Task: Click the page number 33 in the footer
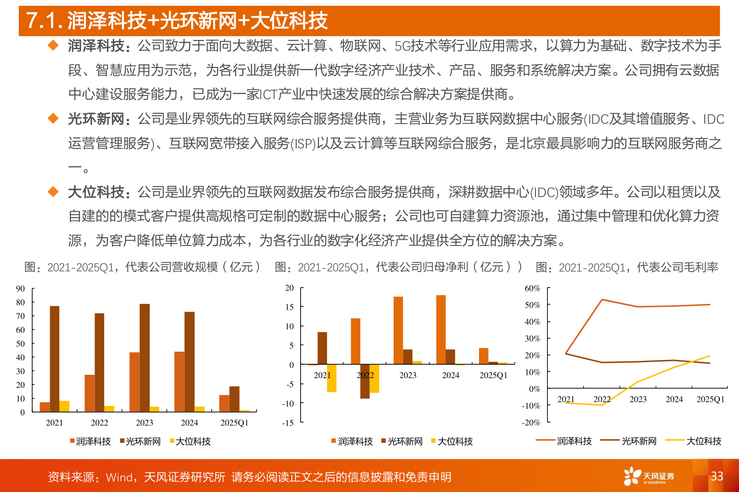pos(717,476)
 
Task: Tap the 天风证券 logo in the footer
pos(649,476)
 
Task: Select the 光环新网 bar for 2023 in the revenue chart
pos(145,357)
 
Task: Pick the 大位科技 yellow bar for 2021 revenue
pos(65,406)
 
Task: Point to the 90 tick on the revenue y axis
pos(20,289)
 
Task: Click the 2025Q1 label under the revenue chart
pos(234,423)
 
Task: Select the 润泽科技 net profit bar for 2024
pos(441,329)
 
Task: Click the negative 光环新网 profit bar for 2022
pos(365,381)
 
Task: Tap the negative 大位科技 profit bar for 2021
pos(331,378)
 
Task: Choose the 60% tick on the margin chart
pos(532,288)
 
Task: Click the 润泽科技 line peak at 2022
pos(602,300)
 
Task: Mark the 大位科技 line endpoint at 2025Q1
pos(710,356)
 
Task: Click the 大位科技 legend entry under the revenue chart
pos(191,441)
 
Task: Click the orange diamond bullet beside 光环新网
pos(53,119)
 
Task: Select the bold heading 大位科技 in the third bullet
pos(96,192)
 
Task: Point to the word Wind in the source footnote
pos(119,477)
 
